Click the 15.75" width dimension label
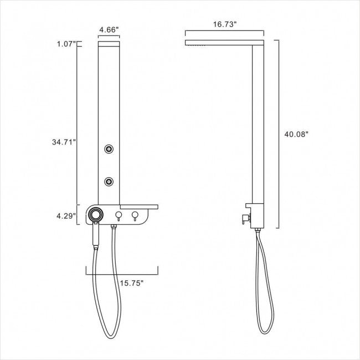click(x=132, y=283)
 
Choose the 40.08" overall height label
click(x=296, y=133)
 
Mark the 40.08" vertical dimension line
click(x=277, y=133)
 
